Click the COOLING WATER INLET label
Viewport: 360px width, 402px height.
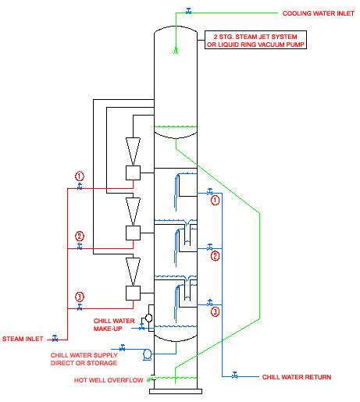point(318,13)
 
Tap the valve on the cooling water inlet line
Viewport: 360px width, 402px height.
point(189,11)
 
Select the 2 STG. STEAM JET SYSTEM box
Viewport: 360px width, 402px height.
point(255,40)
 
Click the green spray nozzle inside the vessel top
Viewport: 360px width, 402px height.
point(176,50)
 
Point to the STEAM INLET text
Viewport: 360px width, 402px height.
point(23,339)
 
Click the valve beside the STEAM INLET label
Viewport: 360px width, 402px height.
point(55,338)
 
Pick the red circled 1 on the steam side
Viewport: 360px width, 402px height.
point(80,176)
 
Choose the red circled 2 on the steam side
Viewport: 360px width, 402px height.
point(80,237)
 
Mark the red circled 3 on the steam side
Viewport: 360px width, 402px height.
point(80,297)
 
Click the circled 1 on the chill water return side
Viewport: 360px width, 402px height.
point(215,201)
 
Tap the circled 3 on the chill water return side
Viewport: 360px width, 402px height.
point(215,311)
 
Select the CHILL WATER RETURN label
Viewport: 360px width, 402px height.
point(297,377)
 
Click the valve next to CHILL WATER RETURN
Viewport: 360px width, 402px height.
point(234,375)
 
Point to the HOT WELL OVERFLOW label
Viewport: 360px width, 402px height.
point(109,380)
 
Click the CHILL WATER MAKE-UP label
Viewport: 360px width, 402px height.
point(114,325)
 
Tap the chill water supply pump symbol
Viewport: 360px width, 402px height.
point(148,354)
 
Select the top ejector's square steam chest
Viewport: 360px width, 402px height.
point(133,173)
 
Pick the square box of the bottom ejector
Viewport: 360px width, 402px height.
point(133,293)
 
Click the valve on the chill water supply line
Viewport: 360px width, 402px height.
point(123,347)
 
